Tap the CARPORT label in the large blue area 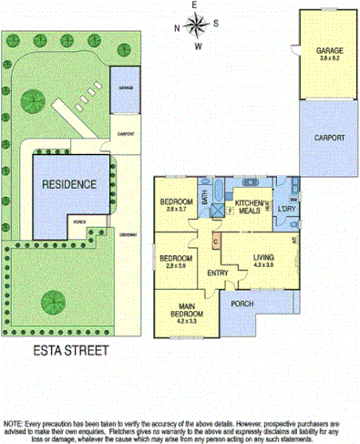tap(330, 138)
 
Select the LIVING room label tap(263, 258)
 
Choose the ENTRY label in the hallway tap(217, 273)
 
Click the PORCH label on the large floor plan tap(242, 303)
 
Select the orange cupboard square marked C tap(215, 242)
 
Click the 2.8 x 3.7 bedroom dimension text tap(176, 209)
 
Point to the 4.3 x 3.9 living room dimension tap(263, 265)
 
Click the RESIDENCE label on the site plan tap(68, 183)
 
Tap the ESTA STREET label tap(68, 349)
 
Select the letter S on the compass tap(216, 25)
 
